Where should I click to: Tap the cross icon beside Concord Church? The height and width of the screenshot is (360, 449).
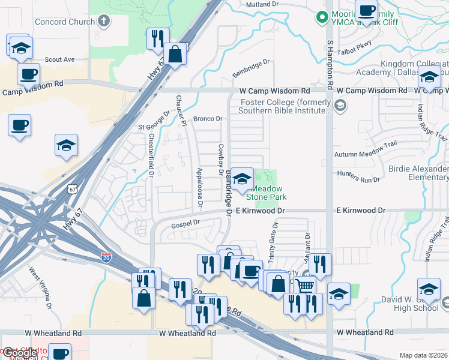click(x=104, y=22)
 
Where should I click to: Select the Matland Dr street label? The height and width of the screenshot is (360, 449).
click(x=264, y=4)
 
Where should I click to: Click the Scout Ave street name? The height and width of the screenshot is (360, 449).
click(x=59, y=59)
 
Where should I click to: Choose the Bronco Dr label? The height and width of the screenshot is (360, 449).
click(x=207, y=119)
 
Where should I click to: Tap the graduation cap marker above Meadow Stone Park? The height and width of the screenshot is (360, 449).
click(x=243, y=179)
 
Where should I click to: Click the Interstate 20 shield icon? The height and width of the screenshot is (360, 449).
click(x=106, y=257)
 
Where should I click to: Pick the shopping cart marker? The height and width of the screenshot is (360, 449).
click(x=306, y=286)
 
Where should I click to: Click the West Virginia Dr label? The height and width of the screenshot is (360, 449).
click(x=40, y=287)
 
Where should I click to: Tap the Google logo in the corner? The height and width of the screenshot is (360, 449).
click(x=19, y=353)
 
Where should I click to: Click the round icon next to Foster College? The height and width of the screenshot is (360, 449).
click(x=340, y=107)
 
